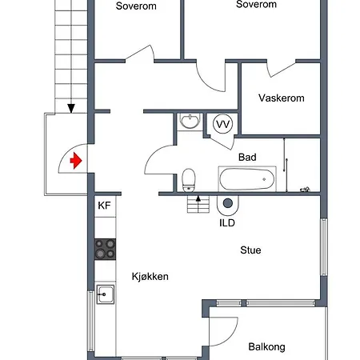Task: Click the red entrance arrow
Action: click(x=76, y=161)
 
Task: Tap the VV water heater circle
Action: click(x=223, y=124)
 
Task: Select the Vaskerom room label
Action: click(x=282, y=98)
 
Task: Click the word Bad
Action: click(x=247, y=157)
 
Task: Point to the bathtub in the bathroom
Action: click(x=247, y=178)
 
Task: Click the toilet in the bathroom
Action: click(x=189, y=180)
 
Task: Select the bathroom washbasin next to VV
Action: click(x=190, y=122)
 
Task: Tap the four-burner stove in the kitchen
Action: click(x=105, y=250)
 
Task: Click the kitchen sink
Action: click(x=106, y=294)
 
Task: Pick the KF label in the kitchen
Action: click(x=104, y=206)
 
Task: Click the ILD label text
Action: click(x=227, y=223)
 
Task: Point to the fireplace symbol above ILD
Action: click(x=227, y=205)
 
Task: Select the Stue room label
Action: click(x=250, y=250)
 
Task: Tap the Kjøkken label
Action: click(x=150, y=277)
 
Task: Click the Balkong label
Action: click(x=267, y=347)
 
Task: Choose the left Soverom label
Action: click(x=136, y=6)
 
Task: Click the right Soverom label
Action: click(x=256, y=4)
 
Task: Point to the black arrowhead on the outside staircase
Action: click(x=71, y=108)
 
